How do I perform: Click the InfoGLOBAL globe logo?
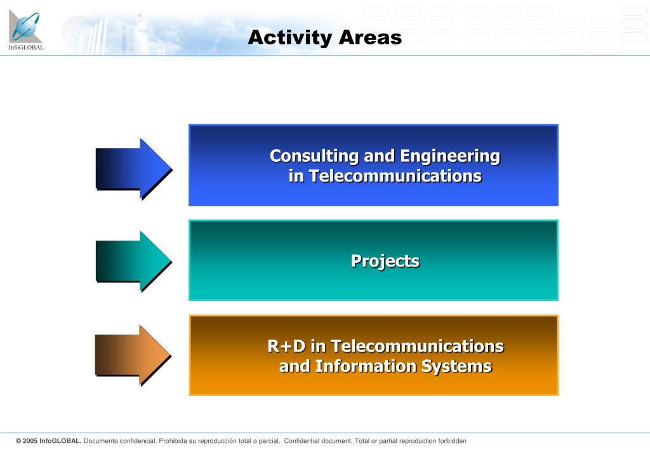point(25,26)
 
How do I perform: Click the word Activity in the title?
point(291,37)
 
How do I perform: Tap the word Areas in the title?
point(370,37)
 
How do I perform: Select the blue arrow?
point(134,169)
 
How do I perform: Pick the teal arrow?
point(134,261)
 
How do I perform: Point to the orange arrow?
point(133,355)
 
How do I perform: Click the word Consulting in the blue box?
point(314,156)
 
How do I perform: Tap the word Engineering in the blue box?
point(450,156)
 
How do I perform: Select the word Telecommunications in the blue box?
point(395,176)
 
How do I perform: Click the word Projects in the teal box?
point(385,261)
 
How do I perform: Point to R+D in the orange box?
point(286,346)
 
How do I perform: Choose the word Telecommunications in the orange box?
point(418,346)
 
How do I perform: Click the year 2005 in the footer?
point(30,441)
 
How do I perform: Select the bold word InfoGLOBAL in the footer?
point(60,441)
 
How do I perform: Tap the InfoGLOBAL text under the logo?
point(26,47)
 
